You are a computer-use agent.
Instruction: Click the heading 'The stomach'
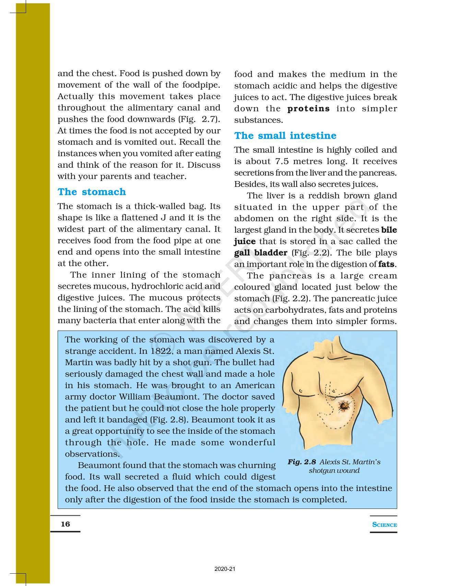pyautogui.click(x=92, y=192)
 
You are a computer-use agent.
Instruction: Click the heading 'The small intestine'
pyautogui.click(x=285, y=135)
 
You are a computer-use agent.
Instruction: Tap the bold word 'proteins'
pyautogui.click(x=308, y=109)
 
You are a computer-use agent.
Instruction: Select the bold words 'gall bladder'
pyautogui.click(x=261, y=253)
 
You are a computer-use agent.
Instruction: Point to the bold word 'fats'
pyautogui.click(x=387, y=264)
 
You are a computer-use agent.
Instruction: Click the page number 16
pyautogui.click(x=65, y=524)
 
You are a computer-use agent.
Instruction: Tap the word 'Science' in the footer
pyautogui.click(x=384, y=525)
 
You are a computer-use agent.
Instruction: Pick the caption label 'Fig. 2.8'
pyautogui.click(x=302, y=462)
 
